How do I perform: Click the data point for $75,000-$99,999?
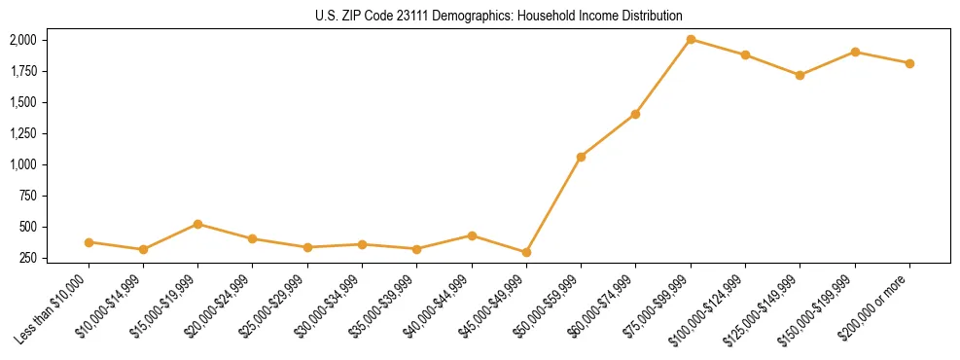pos(691,40)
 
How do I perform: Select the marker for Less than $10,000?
pos(89,242)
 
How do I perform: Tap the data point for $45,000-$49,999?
pos(526,252)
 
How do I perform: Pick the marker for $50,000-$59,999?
pos(581,157)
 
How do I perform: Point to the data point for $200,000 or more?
pos(909,63)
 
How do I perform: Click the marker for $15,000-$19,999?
pos(198,224)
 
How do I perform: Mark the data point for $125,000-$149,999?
pos(800,75)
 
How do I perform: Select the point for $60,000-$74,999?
pos(635,114)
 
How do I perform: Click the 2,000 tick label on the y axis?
pos(22,40)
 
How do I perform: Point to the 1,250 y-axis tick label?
pos(22,133)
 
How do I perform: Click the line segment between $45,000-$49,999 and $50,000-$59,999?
pos(553,204)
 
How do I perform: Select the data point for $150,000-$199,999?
pos(855,52)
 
